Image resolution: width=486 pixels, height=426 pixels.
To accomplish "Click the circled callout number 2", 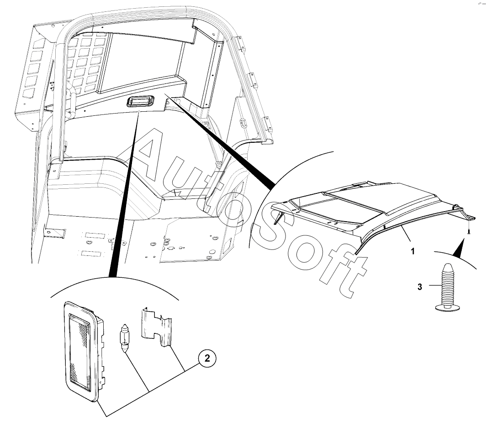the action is [207, 359].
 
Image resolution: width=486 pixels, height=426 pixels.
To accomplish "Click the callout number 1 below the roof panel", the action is [413, 251].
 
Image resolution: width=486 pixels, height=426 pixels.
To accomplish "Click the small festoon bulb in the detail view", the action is [125, 336].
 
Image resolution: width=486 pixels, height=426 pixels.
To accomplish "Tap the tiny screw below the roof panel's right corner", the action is [468, 232].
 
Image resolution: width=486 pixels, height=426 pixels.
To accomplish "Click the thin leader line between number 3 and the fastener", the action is [432, 287].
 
